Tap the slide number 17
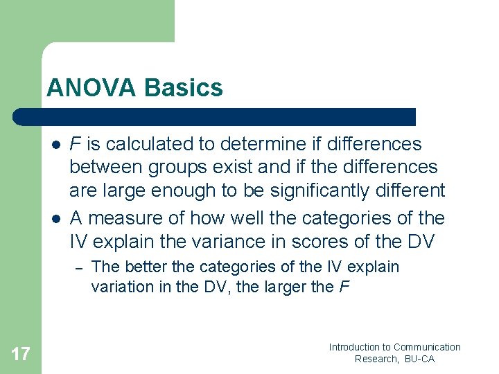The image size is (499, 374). pyautogui.click(x=21, y=355)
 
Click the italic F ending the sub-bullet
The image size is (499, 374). pyautogui.click(x=344, y=286)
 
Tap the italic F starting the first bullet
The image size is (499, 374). pyautogui.click(x=76, y=144)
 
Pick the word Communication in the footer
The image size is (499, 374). pyautogui.click(x=427, y=347)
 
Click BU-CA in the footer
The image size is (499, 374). pyautogui.click(x=420, y=359)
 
